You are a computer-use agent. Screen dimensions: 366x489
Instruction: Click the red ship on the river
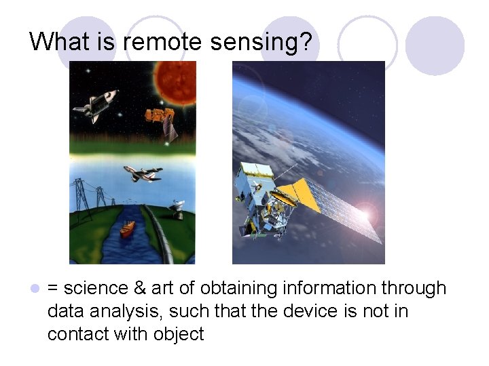click(127, 228)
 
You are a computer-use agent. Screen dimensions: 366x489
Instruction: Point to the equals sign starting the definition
click(53, 289)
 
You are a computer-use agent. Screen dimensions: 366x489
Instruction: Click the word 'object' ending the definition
click(179, 334)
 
